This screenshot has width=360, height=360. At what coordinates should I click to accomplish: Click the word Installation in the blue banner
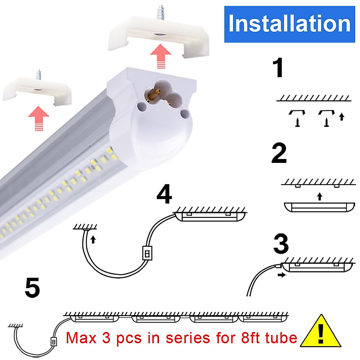click(289, 24)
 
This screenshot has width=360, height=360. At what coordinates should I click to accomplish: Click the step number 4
click(164, 194)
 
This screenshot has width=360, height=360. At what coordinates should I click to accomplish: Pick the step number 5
click(32, 287)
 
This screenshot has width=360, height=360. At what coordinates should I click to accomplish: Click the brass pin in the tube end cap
click(155, 94)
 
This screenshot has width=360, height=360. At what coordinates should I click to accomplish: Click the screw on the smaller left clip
click(38, 74)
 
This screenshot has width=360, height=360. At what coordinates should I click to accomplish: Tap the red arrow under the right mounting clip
click(160, 56)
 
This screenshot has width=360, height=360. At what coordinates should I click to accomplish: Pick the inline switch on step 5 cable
click(53, 342)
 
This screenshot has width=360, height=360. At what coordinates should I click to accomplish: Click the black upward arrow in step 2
click(320, 196)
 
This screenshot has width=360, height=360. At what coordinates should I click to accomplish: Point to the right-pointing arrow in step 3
click(282, 275)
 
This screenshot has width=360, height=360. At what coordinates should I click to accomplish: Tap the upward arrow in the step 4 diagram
click(93, 239)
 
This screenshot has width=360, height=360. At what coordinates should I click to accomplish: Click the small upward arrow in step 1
click(341, 116)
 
